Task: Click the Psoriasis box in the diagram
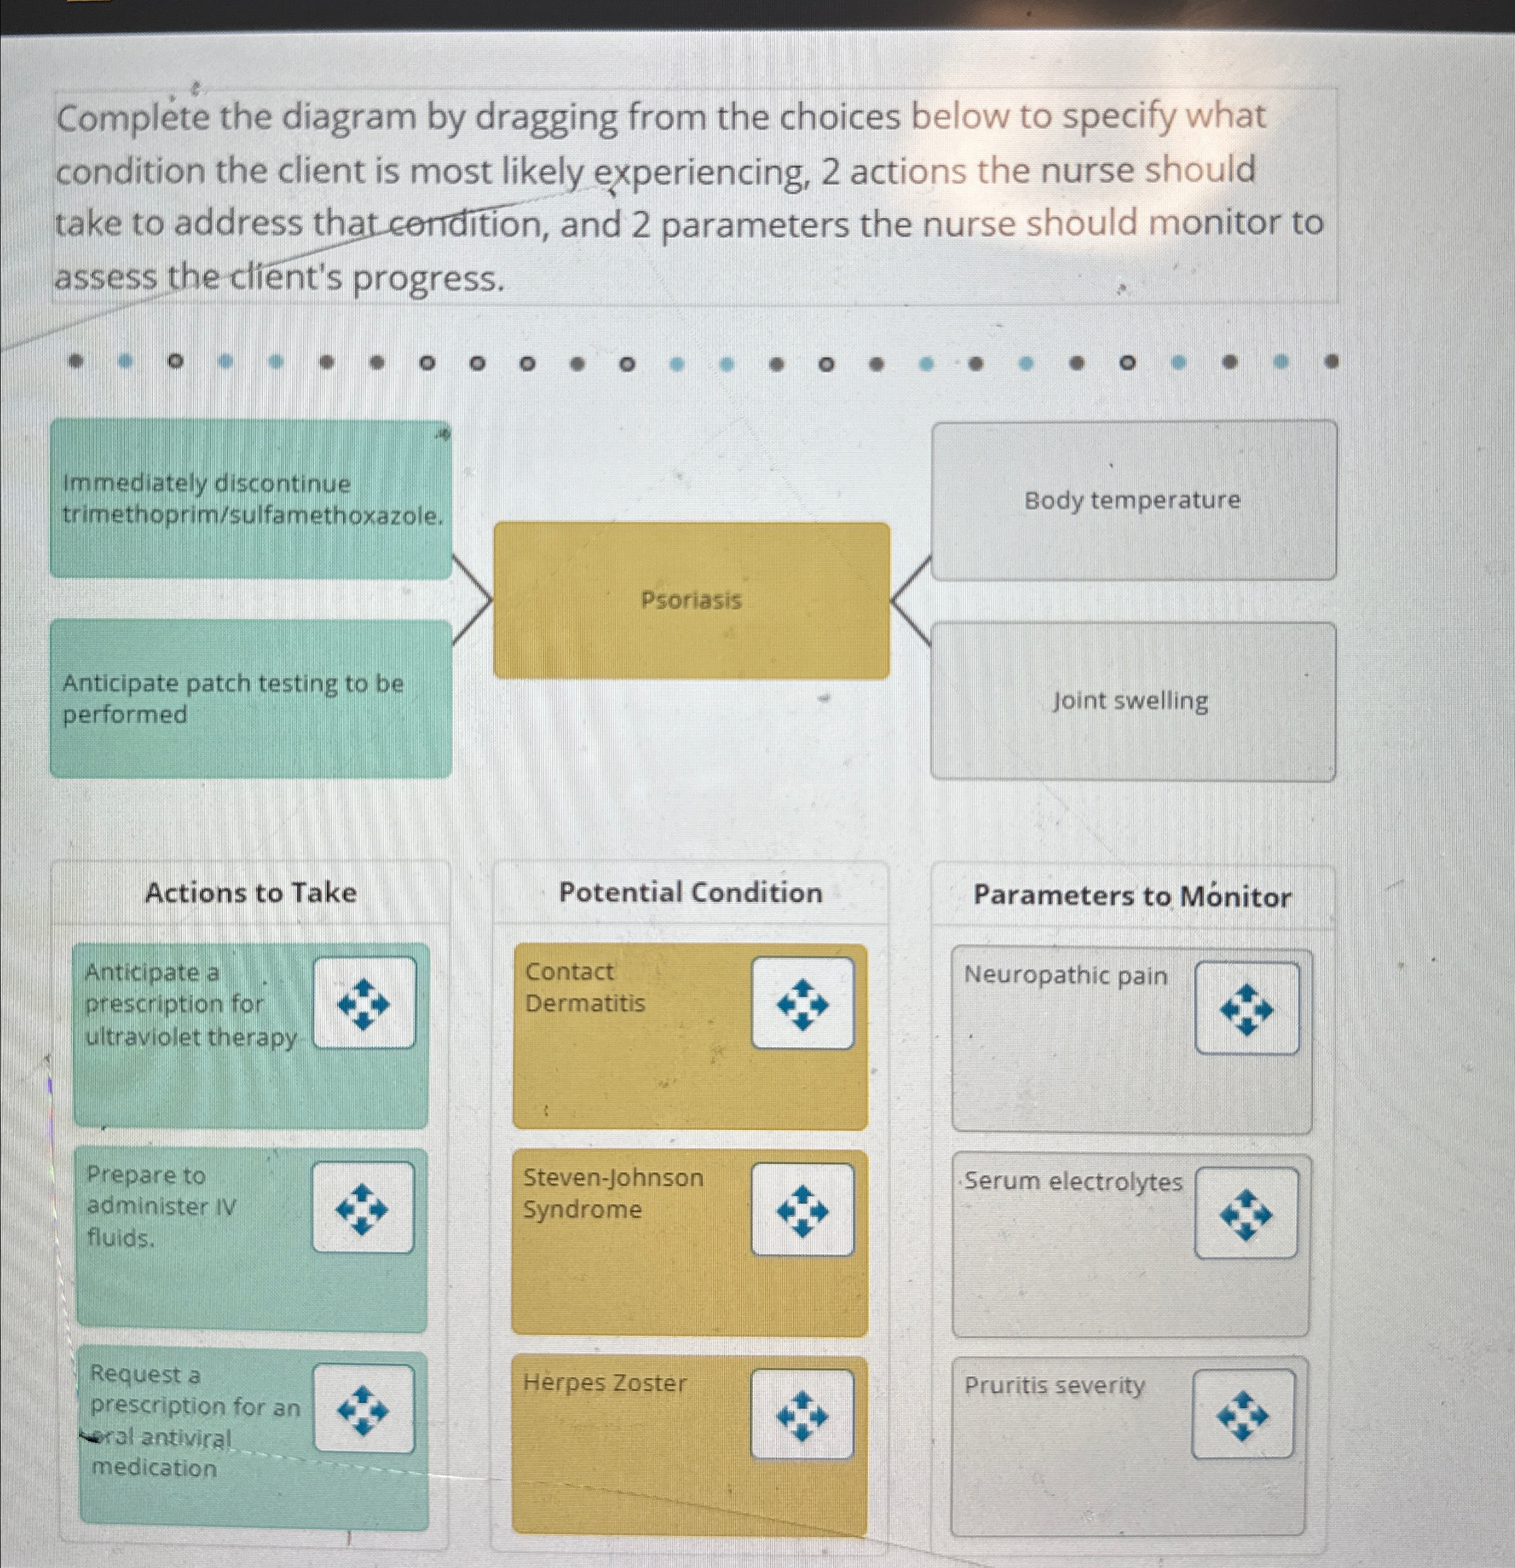coord(691,600)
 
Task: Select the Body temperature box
coord(1133,500)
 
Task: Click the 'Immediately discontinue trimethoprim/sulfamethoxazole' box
coord(251,499)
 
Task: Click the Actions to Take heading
coord(250,893)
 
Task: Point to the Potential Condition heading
coord(690,893)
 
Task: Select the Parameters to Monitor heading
coord(1132,896)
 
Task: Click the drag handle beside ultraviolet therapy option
coord(364,1003)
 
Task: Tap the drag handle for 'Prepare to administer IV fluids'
coord(362,1208)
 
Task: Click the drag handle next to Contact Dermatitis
coord(803,1003)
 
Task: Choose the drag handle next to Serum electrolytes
coord(1245,1214)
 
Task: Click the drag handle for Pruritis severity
coord(1242,1414)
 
